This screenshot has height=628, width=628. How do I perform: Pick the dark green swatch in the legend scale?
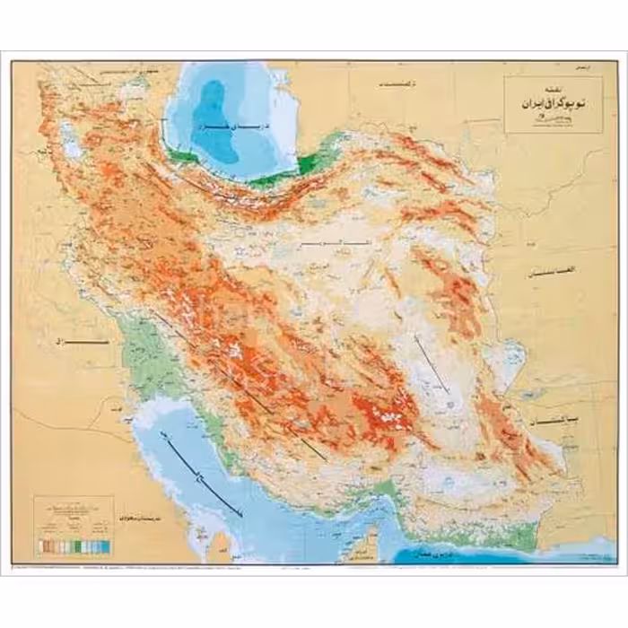coord(79,545)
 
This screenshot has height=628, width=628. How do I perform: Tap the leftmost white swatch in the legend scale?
coord(40,545)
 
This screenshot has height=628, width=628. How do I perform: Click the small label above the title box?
coord(582,68)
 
